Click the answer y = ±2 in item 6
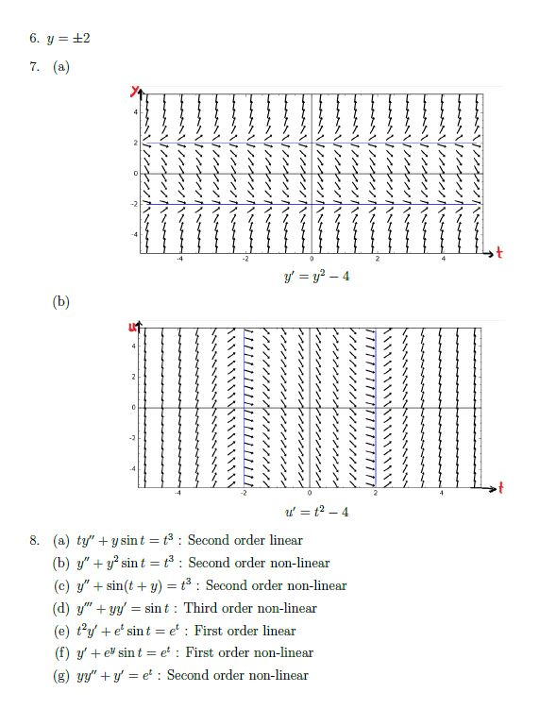pos(72,39)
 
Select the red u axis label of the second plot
pos(134,326)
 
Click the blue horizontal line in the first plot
pos(312,204)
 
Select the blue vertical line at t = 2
pos(376,406)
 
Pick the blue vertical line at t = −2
pos(245,406)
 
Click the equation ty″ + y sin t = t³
pos(126,540)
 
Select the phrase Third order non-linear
pos(251,608)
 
